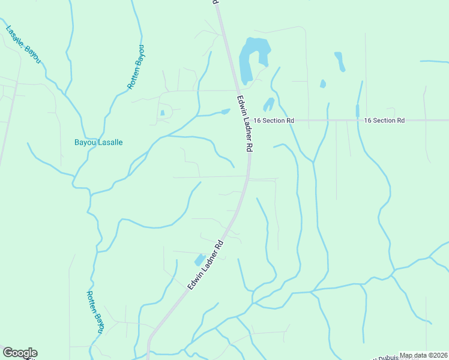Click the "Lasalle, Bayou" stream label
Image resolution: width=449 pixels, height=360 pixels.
coord(23,45)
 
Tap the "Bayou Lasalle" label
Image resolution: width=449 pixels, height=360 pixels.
coord(98,143)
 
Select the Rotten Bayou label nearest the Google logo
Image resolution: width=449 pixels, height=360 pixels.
coord(95,312)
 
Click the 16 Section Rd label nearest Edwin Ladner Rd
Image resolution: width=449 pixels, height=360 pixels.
coord(274,121)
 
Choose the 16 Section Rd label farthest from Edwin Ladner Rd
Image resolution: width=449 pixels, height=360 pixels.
coord(384,121)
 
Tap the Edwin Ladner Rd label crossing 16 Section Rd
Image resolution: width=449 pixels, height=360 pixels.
coord(245,122)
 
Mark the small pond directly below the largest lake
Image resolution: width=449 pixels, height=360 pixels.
coord(268,104)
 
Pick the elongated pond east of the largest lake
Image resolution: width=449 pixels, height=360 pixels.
coord(340,61)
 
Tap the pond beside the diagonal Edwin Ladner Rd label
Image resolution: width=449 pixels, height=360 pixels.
coord(199,260)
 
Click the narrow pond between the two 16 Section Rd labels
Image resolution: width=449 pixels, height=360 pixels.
coord(357,111)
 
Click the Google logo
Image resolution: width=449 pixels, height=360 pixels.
coord(20,353)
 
